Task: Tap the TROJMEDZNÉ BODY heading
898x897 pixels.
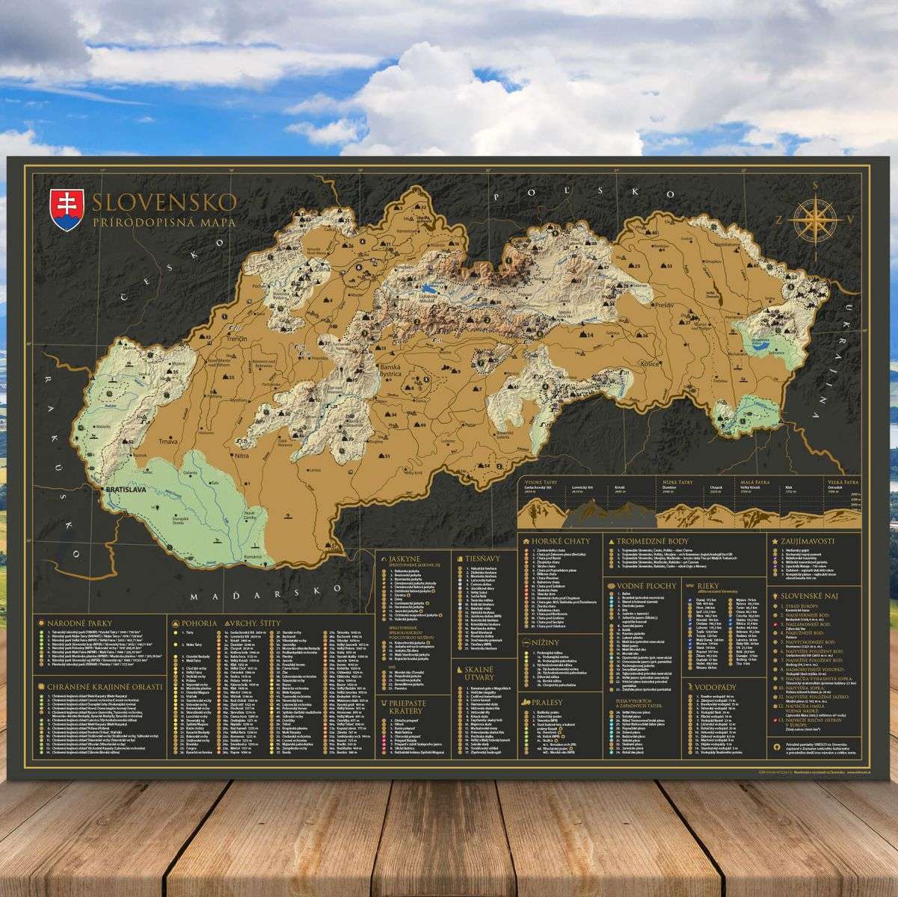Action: point(659,540)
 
